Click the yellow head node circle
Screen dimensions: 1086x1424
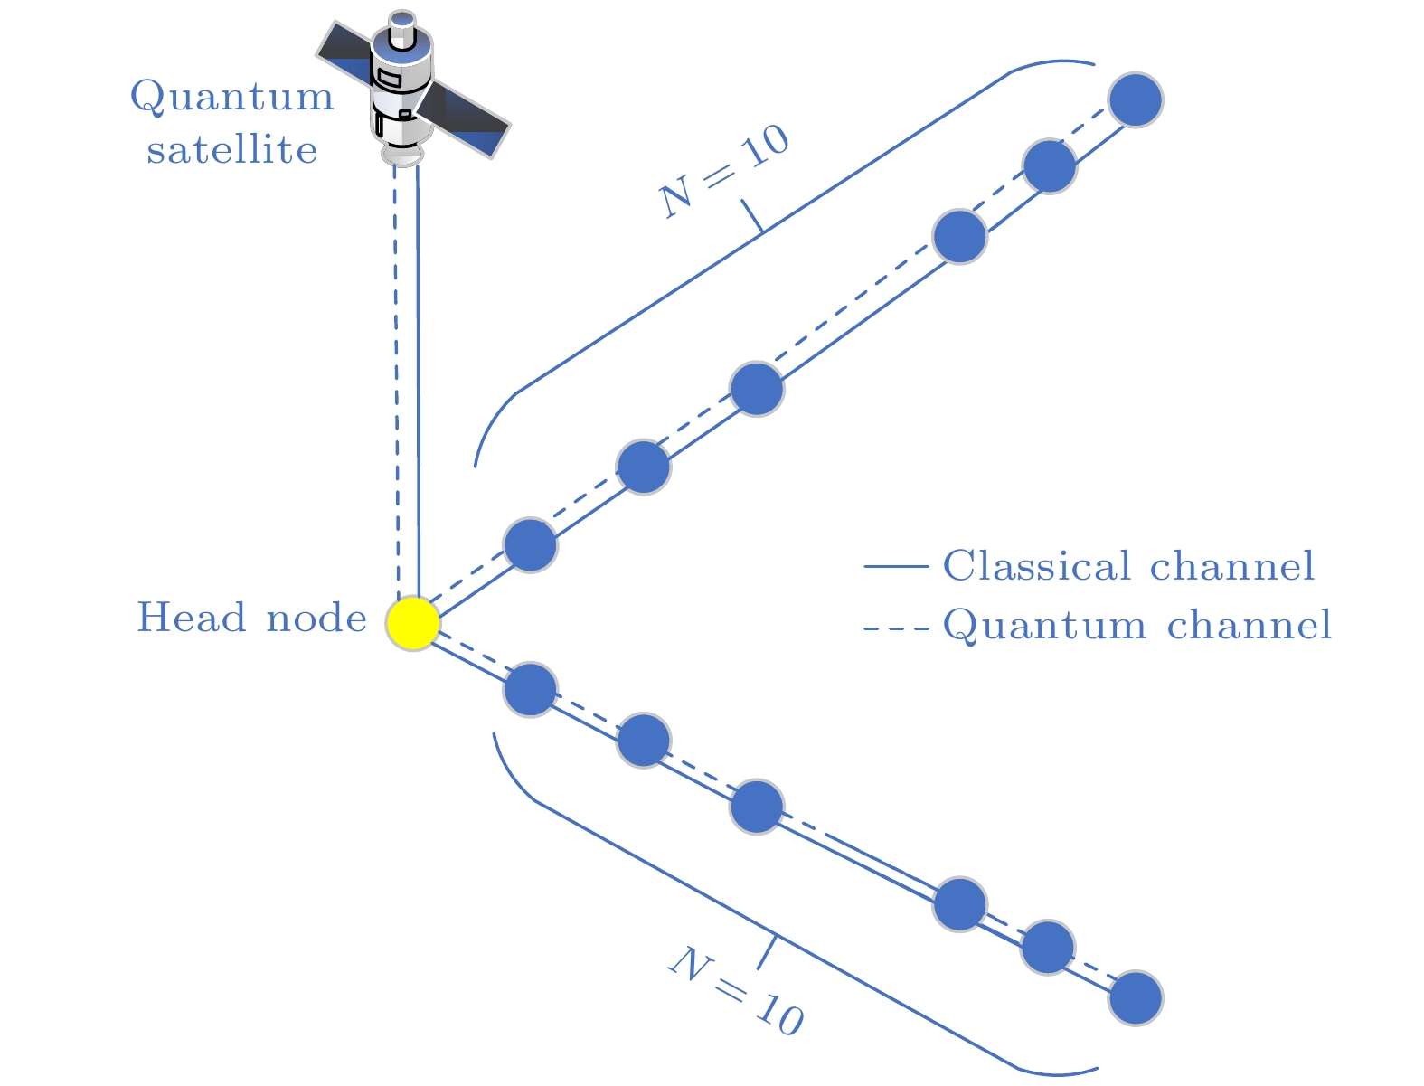point(413,623)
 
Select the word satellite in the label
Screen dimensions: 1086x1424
point(232,150)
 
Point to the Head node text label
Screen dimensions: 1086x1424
point(251,619)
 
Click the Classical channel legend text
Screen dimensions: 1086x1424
point(1128,567)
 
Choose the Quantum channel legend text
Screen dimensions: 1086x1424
point(1137,625)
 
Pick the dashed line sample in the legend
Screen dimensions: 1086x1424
point(896,627)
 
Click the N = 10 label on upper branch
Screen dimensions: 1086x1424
point(724,172)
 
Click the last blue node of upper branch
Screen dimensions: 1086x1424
point(1136,99)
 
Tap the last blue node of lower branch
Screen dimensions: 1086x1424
point(1136,998)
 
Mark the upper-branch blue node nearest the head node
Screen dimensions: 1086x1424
point(530,545)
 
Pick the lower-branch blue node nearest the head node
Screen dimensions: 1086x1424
point(530,690)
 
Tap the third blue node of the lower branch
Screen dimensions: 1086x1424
point(756,807)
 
